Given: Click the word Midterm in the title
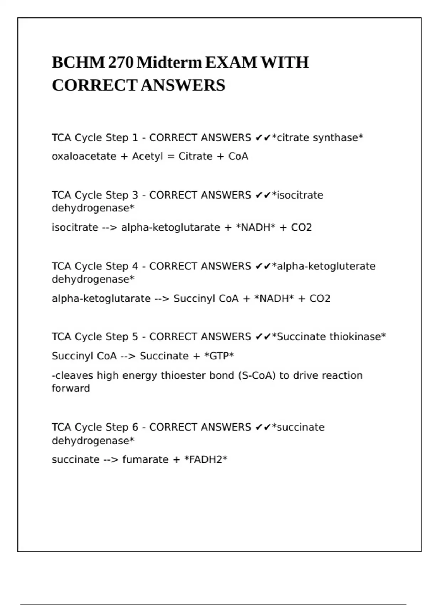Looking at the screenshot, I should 169,63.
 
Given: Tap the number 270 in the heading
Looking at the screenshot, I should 121,63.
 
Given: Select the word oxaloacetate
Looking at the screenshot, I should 84,156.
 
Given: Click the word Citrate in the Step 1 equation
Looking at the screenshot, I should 195,156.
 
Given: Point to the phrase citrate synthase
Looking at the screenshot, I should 317,138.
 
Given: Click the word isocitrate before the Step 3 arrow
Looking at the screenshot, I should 75,227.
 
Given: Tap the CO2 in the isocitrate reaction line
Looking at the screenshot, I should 301,227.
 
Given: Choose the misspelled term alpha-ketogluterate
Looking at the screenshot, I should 326,266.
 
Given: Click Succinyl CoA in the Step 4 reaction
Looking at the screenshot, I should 206,299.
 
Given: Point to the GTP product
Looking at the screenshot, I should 219,356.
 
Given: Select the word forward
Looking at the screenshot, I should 71,388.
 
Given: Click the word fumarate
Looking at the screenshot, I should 146,459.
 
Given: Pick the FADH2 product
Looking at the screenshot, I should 206,459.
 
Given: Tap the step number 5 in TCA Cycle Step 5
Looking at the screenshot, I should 135,337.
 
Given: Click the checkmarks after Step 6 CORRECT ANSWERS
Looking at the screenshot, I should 263,427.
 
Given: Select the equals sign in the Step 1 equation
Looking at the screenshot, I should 171,156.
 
